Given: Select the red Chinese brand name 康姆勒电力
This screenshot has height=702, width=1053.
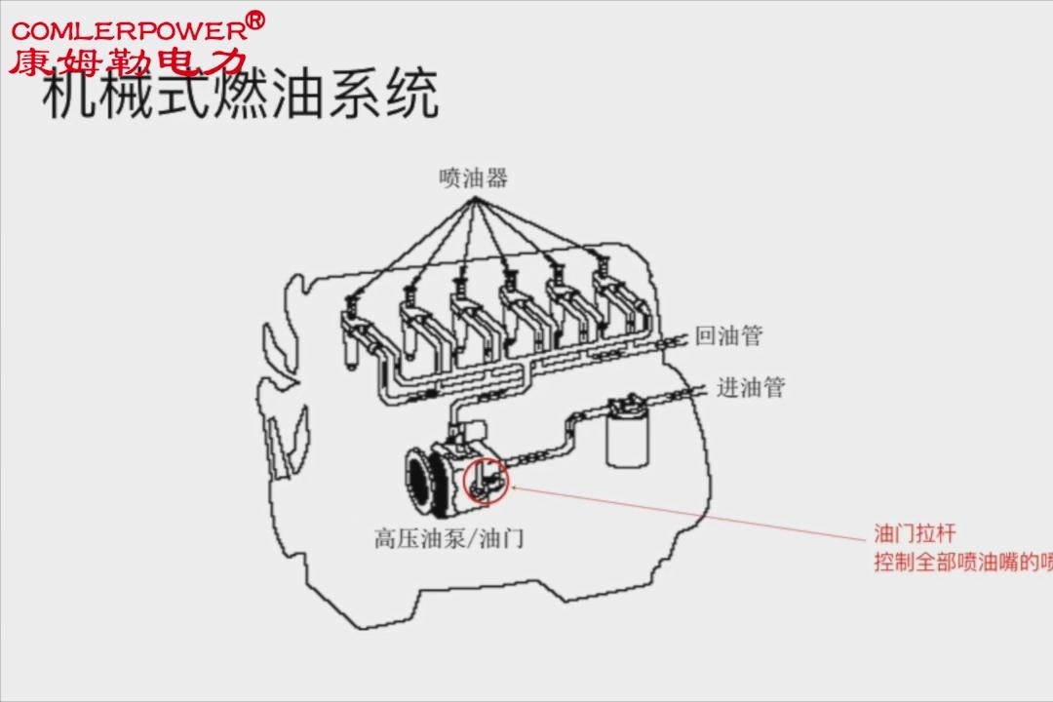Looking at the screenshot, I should coord(127,62).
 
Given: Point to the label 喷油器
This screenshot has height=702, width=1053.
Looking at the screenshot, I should coord(474,178).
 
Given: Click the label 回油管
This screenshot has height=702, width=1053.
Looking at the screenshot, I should coord(728,336).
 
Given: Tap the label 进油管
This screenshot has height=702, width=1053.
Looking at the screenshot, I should coord(751,387).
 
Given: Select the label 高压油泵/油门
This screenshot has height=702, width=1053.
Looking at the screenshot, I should coord(448,537).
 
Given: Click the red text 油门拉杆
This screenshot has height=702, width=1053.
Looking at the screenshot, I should coord(915,534).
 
